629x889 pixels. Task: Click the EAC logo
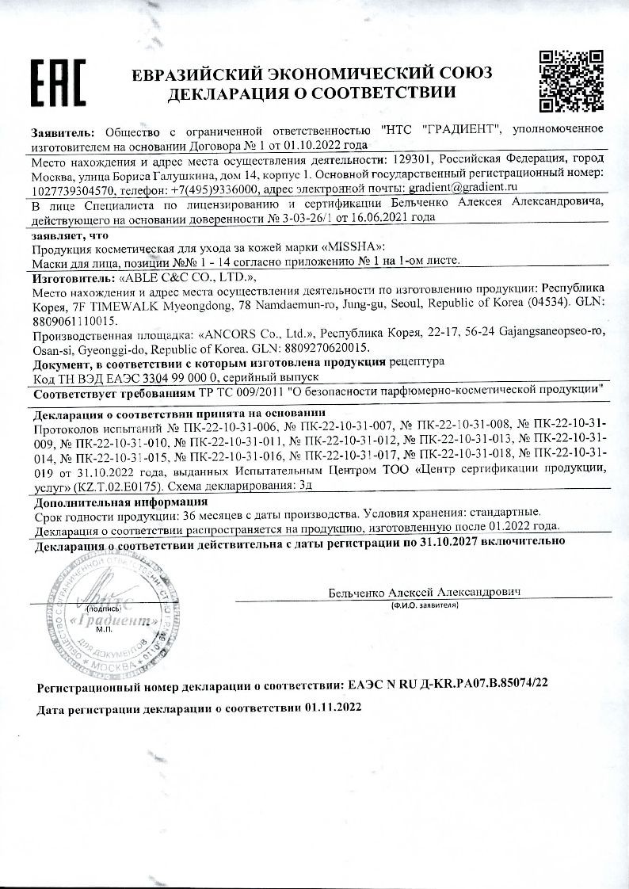[x=58, y=82]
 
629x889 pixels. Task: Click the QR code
[x=570, y=81]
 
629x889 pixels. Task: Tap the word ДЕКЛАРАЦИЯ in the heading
[x=215, y=93]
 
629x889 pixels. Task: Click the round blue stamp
[x=98, y=610]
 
